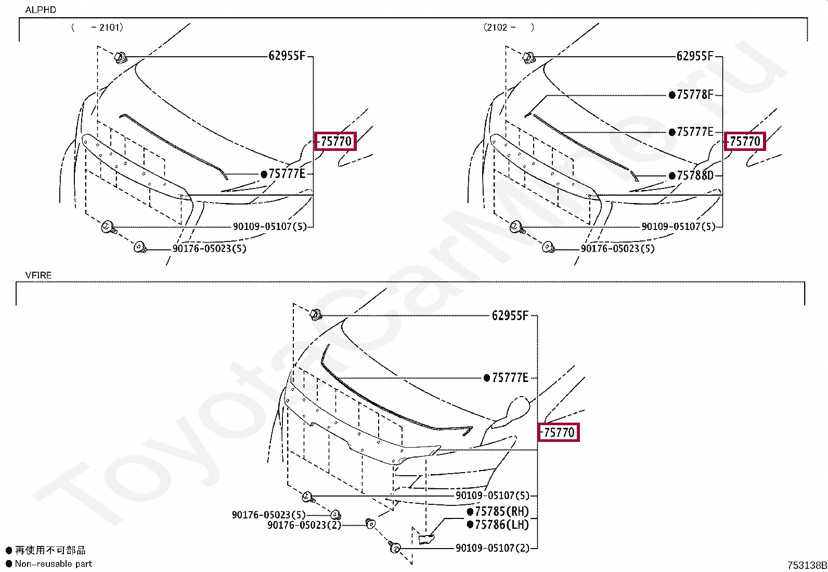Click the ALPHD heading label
(x=41, y=10)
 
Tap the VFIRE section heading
(x=38, y=275)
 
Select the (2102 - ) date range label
(x=509, y=28)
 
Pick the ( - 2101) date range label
(x=97, y=28)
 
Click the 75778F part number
(x=695, y=95)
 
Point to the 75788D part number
(x=695, y=175)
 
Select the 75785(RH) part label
(x=501, y=511)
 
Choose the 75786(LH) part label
(x=501, y=525)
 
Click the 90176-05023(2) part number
(x=304, y=525)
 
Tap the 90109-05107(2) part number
(x=493, y=548)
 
